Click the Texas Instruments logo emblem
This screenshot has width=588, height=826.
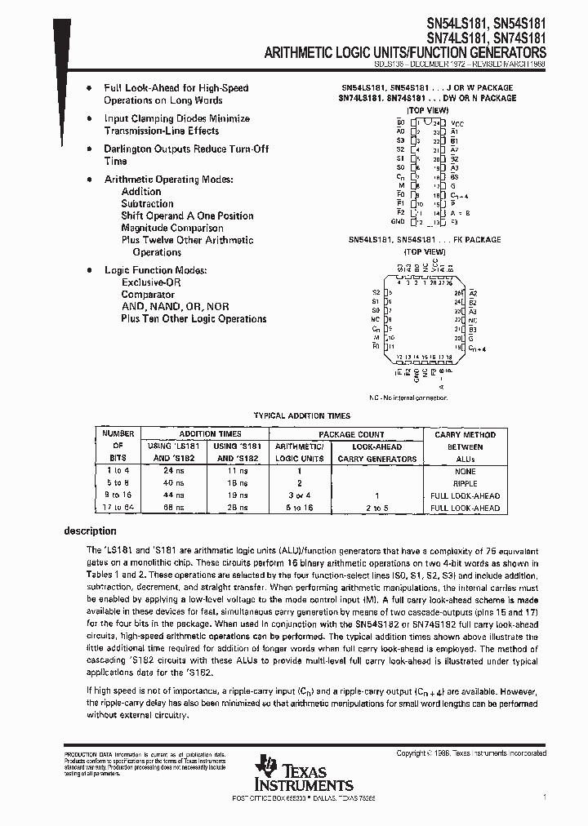tap(265, 767)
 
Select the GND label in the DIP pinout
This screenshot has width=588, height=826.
tap(398, 221)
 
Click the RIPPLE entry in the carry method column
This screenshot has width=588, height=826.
tap(465, 483)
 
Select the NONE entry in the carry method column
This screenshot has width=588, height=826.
tap(465, 471)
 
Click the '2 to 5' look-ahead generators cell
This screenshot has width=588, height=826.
tap(376, 508)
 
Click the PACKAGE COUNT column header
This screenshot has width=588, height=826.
tap(351, 434)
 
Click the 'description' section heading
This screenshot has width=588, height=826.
tap(90, 531)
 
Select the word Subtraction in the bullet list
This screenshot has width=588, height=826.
tap(147, 204)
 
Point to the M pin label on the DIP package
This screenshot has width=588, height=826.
tap(401, 186)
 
